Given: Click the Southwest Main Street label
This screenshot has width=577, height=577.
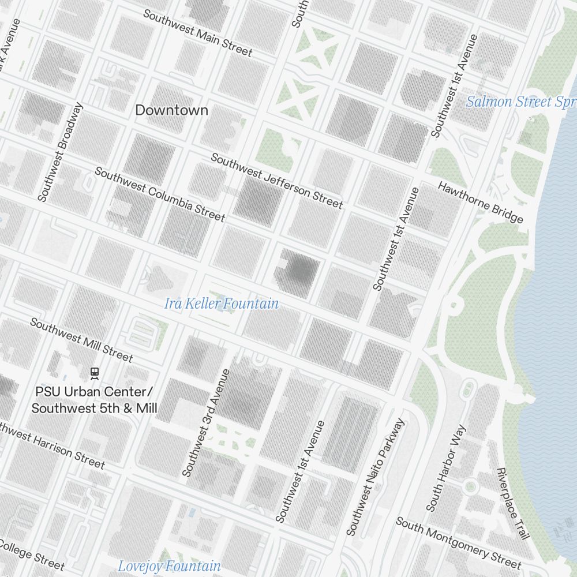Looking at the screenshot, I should (x=197, y=33).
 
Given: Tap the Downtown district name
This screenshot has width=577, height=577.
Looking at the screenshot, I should (x=171, y=110).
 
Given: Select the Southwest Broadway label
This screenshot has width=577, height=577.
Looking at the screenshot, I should (x=61, y=152).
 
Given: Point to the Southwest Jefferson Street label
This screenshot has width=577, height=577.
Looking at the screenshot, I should (x=276, y=181).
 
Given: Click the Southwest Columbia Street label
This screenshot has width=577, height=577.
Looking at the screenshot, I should (x=160, y=194).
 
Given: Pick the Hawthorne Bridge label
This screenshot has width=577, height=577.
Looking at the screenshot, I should (x=480, y=203).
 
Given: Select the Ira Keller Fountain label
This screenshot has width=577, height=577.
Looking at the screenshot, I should (x=221, y=304).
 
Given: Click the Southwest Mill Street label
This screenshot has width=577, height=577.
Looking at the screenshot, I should (x=81, y=340).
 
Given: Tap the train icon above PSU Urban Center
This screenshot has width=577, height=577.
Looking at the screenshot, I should (x=94, y=373).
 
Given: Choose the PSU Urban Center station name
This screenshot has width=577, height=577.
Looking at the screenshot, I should (x=94, y=400).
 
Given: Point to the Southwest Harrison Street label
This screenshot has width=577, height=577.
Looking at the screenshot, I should (x=52, y=446).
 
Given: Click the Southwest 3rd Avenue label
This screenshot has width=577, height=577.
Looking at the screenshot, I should (x=206, y=423).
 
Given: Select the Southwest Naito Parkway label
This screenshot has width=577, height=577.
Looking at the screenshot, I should (x=376, y=477).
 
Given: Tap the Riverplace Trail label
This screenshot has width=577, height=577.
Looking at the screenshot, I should (x=512, y=503).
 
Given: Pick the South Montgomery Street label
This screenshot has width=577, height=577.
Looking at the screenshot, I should (x=458, y=542).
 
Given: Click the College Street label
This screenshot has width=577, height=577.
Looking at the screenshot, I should (x=32, y=553).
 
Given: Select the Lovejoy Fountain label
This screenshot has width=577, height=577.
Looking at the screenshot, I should (x=169, y=566).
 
